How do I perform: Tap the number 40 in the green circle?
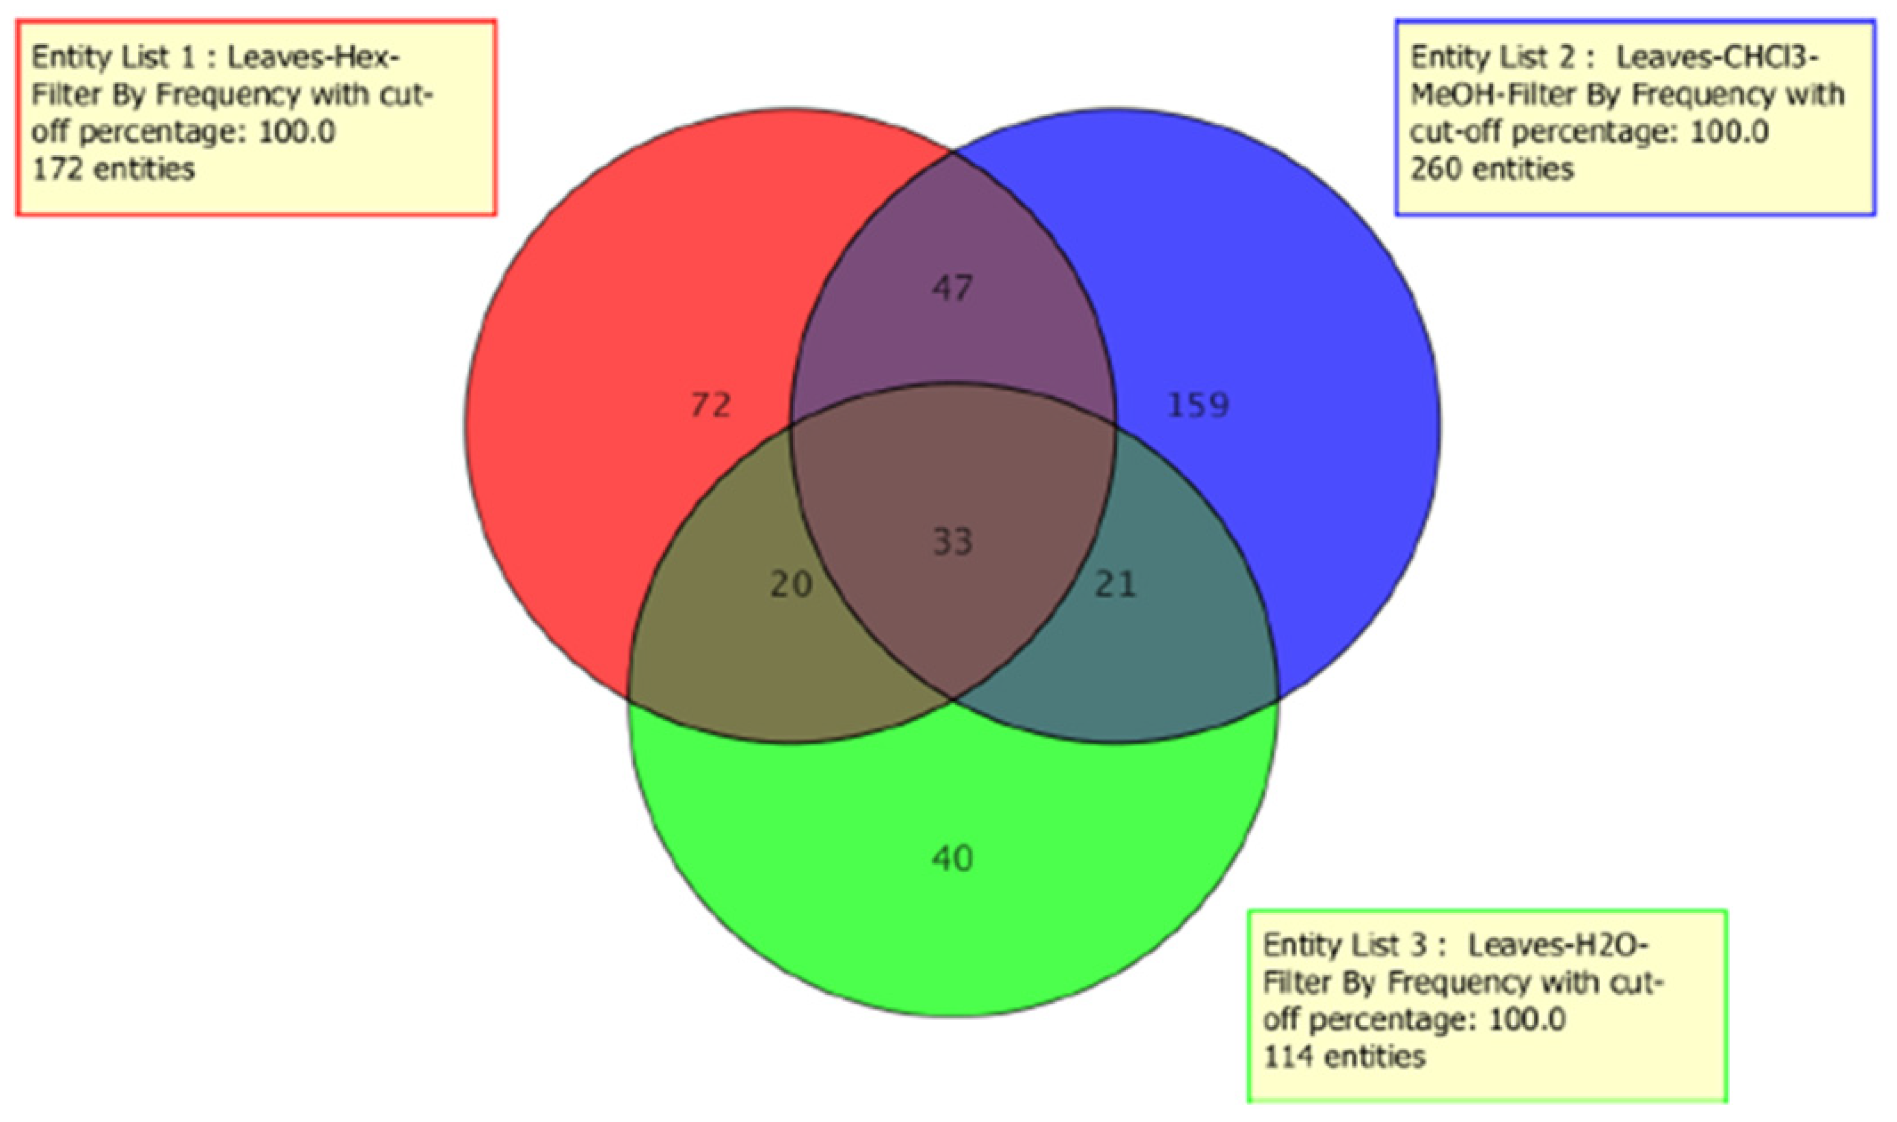(952, 858)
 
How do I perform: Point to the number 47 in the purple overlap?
(952, 288)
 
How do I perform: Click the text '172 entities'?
(113, 169)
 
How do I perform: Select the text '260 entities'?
(1492, 169)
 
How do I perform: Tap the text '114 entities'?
(1344, 1056)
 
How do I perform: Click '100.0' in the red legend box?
(297, 132)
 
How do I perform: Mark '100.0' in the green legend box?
(1526, 1019)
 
